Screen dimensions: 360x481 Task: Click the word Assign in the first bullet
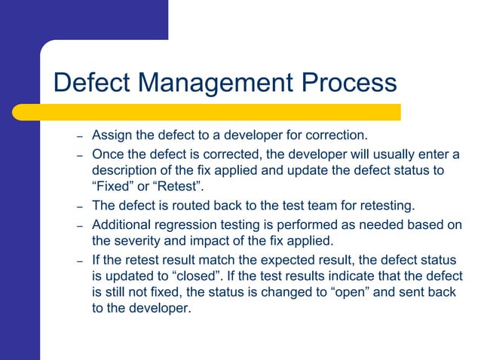[x=110, y=136]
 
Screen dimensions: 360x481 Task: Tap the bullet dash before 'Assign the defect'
[x=78, y=137]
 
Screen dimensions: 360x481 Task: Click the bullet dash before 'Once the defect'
[x=78, y=155]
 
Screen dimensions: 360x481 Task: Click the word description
[x=127, y=170]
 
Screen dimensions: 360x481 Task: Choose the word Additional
[x=123, y=224]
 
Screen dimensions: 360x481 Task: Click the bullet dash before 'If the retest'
[x=78, y=261]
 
